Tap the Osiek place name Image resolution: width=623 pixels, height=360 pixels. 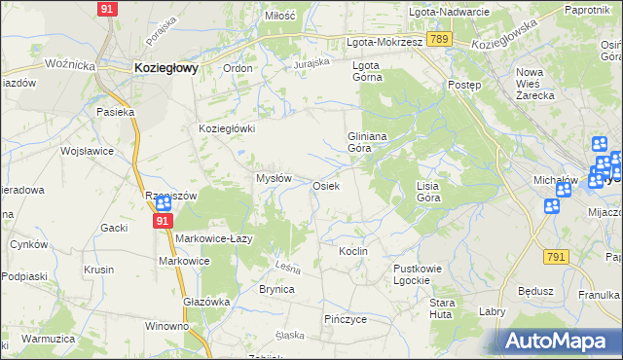(x=325, y=186)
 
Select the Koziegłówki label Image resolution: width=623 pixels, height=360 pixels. (x=227, y=128)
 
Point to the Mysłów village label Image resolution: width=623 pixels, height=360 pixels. (x=274, y=178)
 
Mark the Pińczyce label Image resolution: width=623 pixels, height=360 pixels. (x=345, y=318)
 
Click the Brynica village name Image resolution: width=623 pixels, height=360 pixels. (x=276, y=289)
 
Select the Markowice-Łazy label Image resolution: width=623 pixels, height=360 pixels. (x=215, y=238)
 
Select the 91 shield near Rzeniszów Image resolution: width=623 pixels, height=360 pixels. (x=163, y=222)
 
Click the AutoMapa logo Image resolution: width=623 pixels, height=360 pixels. (x=557, y=342)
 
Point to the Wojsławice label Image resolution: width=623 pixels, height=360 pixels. (x=88, y=152)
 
